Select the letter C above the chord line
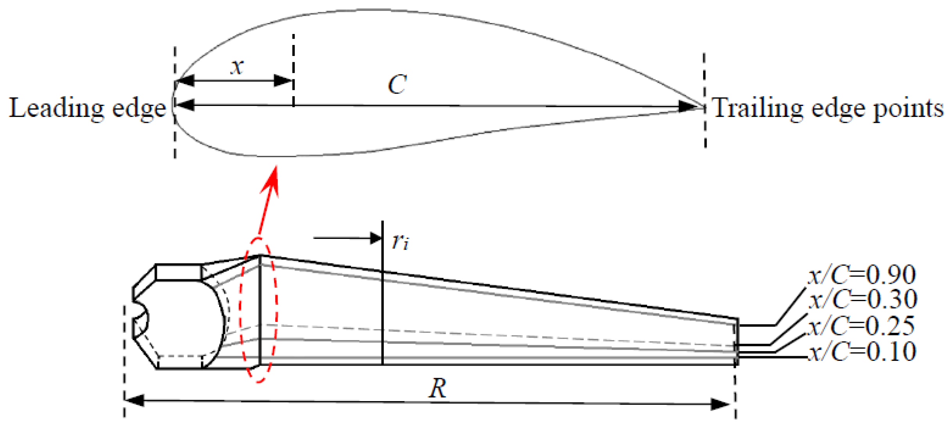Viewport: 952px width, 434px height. coord(397,84)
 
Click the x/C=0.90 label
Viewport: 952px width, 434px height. coord(862,275)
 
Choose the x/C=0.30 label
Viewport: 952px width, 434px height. coord(863,299)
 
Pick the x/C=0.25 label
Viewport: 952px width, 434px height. coord(862,326)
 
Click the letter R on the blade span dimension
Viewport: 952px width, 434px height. coord(437,389)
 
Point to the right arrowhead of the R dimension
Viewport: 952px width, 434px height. coord(720,404)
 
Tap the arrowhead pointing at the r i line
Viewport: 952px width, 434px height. coord(376,238)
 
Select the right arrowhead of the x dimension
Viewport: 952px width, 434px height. coord(283,81)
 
